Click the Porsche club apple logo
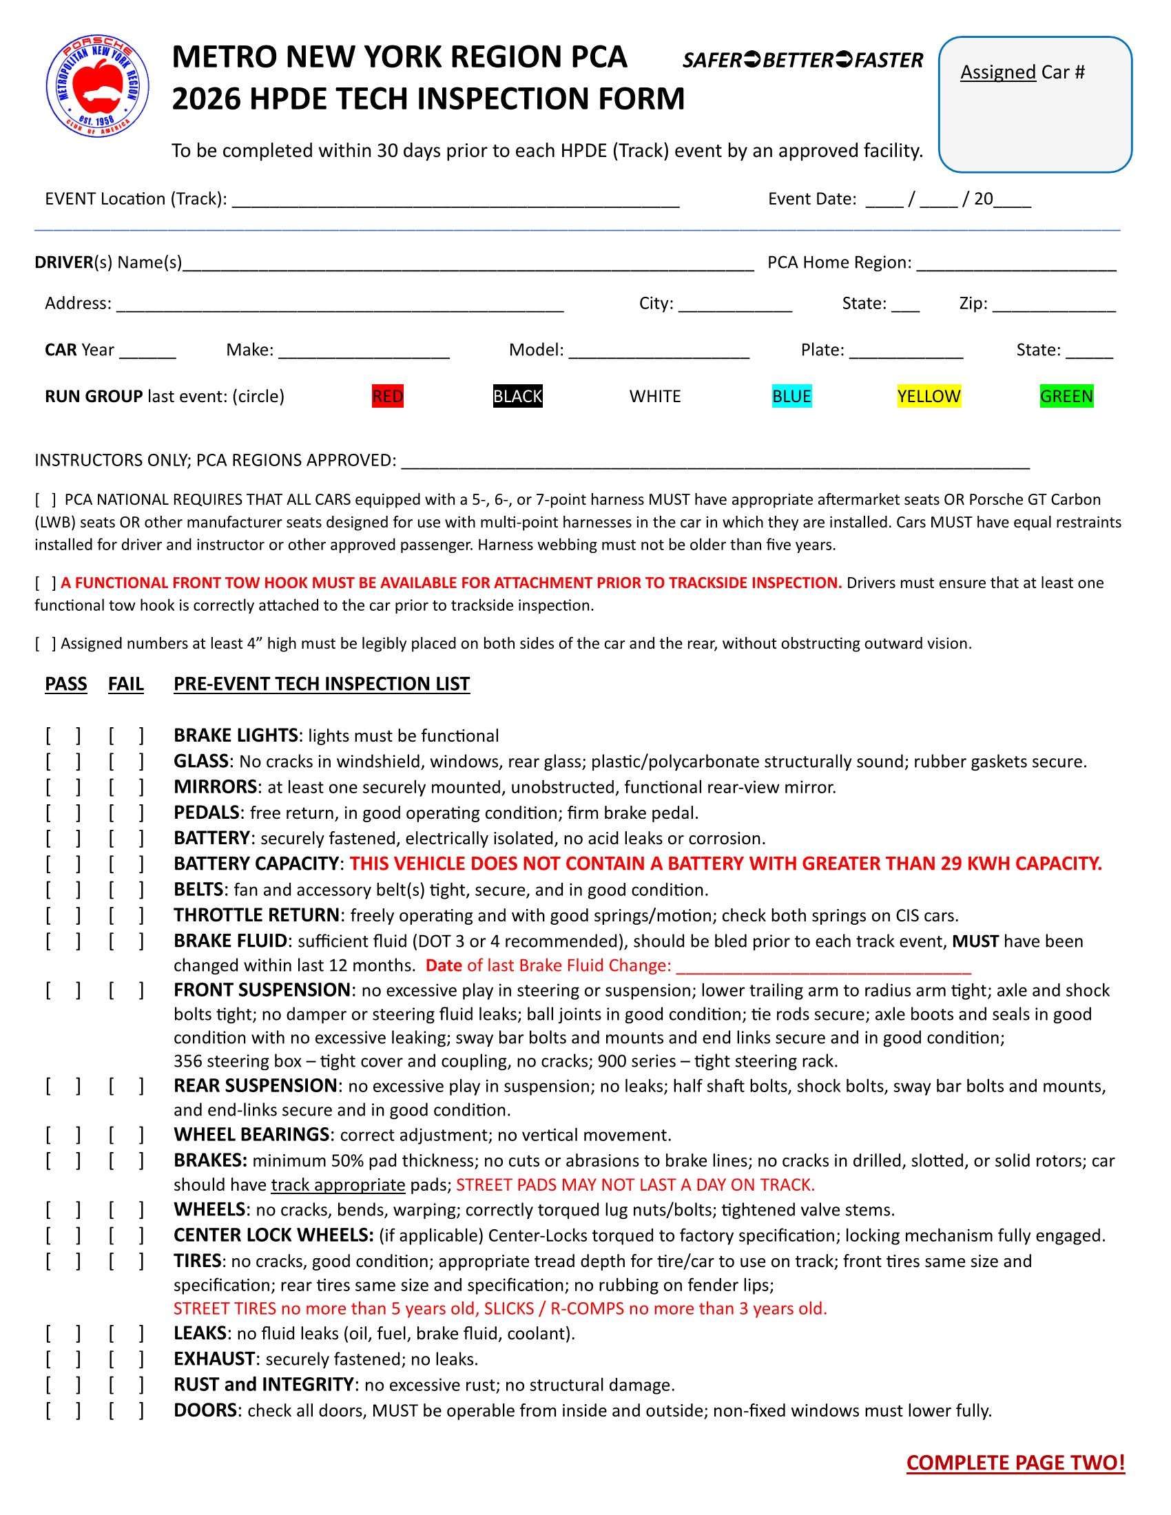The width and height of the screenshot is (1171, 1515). pos(97,86)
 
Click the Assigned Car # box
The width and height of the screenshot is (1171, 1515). pos(1035,105)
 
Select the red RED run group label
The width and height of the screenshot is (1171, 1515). pos(387,396)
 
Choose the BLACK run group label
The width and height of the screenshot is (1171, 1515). pos(517,396)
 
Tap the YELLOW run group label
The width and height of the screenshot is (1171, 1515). pos(929,396)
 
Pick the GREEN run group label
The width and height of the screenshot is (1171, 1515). pos(1066,396)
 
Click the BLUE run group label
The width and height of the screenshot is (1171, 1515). pos(791,396)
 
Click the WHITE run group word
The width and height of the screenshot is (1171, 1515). pos(655,396)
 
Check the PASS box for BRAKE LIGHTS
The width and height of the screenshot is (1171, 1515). pos(63,735)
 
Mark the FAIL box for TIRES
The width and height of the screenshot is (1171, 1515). pos(126,1260)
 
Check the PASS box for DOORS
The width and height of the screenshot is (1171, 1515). pos(63,1410)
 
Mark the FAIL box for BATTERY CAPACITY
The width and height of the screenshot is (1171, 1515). pos(126,864)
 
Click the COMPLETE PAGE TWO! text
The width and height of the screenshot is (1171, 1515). pos(1015,1462)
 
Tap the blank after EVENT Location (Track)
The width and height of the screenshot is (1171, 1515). pos(455,200)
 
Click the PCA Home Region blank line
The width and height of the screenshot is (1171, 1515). pos(1016,264)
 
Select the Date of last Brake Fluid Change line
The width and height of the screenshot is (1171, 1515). pos(822,966)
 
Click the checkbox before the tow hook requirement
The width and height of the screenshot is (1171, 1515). pos(45,583)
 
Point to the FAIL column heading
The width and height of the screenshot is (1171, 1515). pos(125,684)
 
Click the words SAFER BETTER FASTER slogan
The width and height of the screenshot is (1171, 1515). pos(802,61)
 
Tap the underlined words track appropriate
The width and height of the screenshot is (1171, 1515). pos(338,1185)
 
